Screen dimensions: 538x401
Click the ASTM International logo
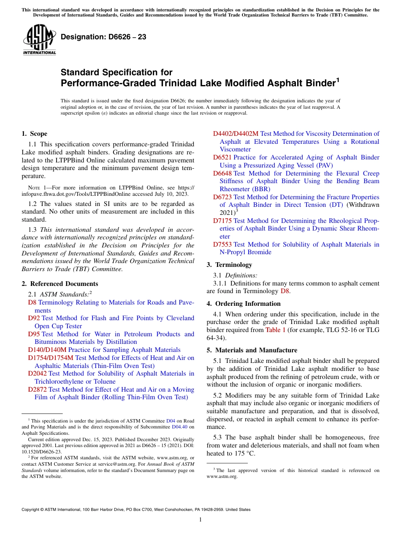pyautogui.click(x=39, y=39)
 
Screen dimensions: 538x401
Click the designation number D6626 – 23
pyautogui.click(x=103, y=37)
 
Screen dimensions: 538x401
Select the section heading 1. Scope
pyautogui.click(x=34, y=134)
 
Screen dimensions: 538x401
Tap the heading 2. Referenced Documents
pyautogui.click(x=60, y=284)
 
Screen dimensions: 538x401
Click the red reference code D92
pyautogui.click(x=34, y=318)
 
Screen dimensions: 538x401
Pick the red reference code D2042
pyautogui.click(x=38, y=373)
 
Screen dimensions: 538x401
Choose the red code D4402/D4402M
pyautogui.click(x=236, y=134)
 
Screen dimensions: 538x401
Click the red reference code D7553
pyautogui.click(x=222, y=244)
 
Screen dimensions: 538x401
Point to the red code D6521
pyautogui.click(x=222, y=157)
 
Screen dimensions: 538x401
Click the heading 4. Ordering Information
pyautogui.click(x=244, y=304)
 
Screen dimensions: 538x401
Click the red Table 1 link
pyautogui.click(x=276, y=330)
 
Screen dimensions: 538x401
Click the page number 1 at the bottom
pyautogui.click(x=200, y=520)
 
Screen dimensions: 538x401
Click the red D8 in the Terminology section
pyautogui.click(x=284, y=291)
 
